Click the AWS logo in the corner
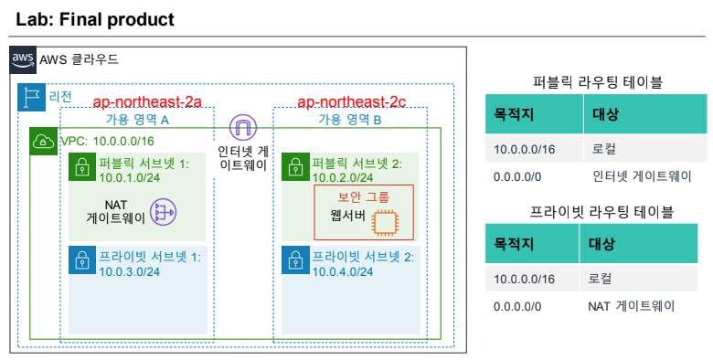(23, 59)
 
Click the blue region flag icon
(31, 97)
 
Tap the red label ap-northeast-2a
(147, 101)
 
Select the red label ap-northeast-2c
(352, 101)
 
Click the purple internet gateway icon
(243, 127)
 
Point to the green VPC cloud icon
(44, 142)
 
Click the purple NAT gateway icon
(163, 212)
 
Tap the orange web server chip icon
(384, 223)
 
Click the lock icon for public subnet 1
(82, 167)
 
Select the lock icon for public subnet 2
(295, 167)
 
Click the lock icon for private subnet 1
(82, 260)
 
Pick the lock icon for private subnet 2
(295, 260)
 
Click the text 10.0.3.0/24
(130, 271)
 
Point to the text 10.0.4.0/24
(343, 271)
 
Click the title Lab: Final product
(95, 19)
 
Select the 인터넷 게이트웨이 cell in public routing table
(642, 176)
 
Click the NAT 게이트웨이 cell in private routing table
(631, 306)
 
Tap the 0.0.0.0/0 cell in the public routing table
(517, 176)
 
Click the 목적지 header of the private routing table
(514, 244)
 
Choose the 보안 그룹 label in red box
(364, 196)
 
